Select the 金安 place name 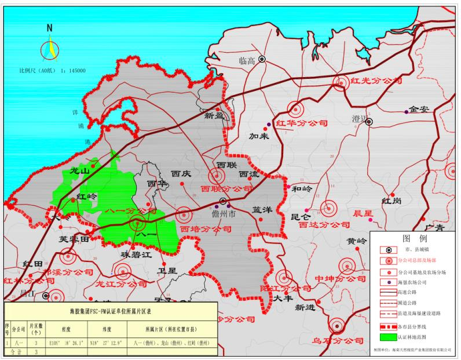pyautogui.click(x=418, y=109)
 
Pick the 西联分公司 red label pyautogui.click(x=226, y=189)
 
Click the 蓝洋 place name pyautogui.click(x=262, y=210)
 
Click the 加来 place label pyautogui.click(x=259, y=137)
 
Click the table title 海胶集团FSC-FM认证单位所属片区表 pyautogui.click(x=110, y=311)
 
